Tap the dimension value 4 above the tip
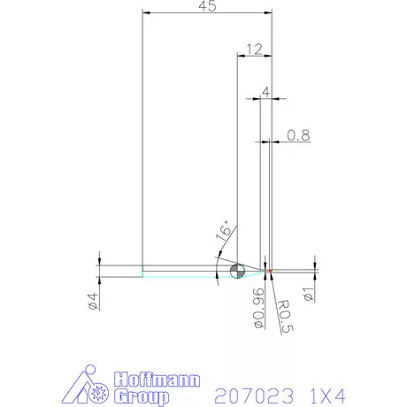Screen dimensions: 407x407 [x=265, y=91]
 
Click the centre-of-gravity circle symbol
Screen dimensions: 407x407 [x=237, y=271]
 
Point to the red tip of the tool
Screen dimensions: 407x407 [x=271, y=271]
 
